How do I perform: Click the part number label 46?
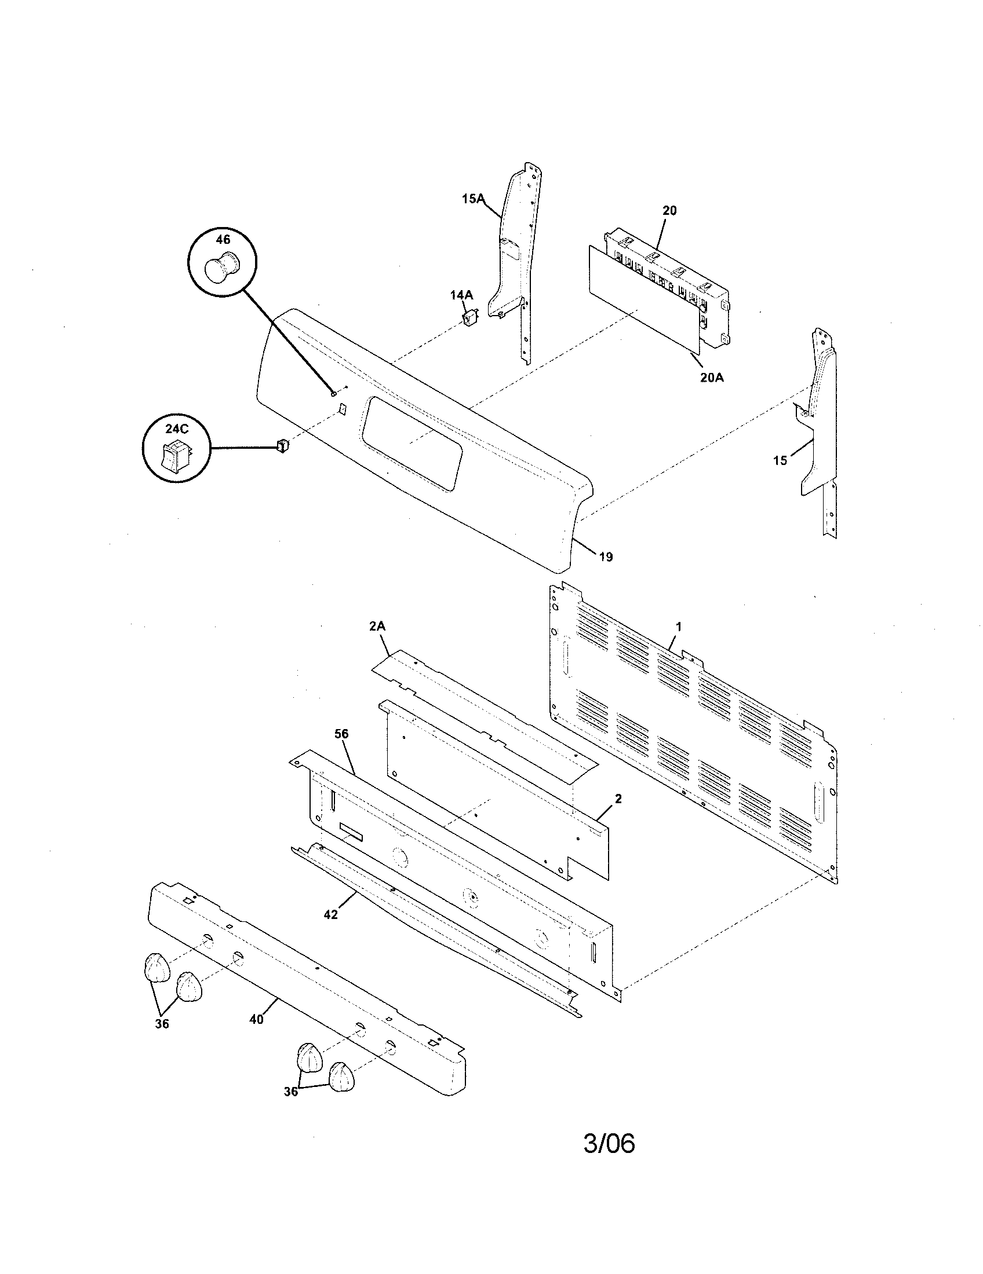[x=223, y=240]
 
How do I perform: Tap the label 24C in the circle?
[x=177, y=429]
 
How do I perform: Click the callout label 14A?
[x=461, y=295]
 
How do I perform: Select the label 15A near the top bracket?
[x=473, y=199]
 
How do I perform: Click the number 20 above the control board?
[x=669, y=211]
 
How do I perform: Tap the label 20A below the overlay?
[x=712, y=378]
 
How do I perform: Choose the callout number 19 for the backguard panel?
[x=606, y=557]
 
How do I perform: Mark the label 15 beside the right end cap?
[x=780, y=460]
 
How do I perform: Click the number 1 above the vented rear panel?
[x=678, y=627]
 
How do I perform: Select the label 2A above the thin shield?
[x=378, y=627]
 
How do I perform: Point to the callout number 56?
[x=341, y=734]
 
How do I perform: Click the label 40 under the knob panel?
[x=256, y=1019]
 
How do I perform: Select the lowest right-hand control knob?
[x=343, y=1077]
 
